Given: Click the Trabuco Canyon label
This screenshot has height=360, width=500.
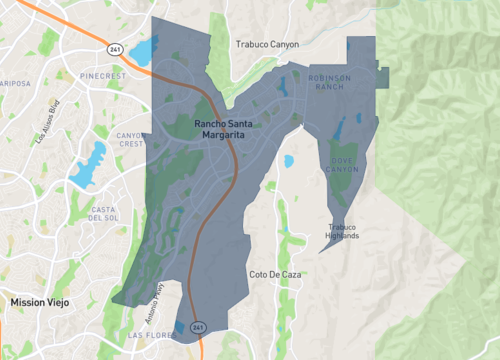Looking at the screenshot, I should click(x=265, y=45).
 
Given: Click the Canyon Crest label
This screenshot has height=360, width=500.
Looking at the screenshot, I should click(x=130, y=139).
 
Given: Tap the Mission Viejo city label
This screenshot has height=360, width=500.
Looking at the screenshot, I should click(x=36, y=301).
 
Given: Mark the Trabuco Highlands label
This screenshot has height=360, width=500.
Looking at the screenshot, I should click(x=342, y=232).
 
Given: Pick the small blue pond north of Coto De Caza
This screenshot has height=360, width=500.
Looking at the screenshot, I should click(x=289, y=160).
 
